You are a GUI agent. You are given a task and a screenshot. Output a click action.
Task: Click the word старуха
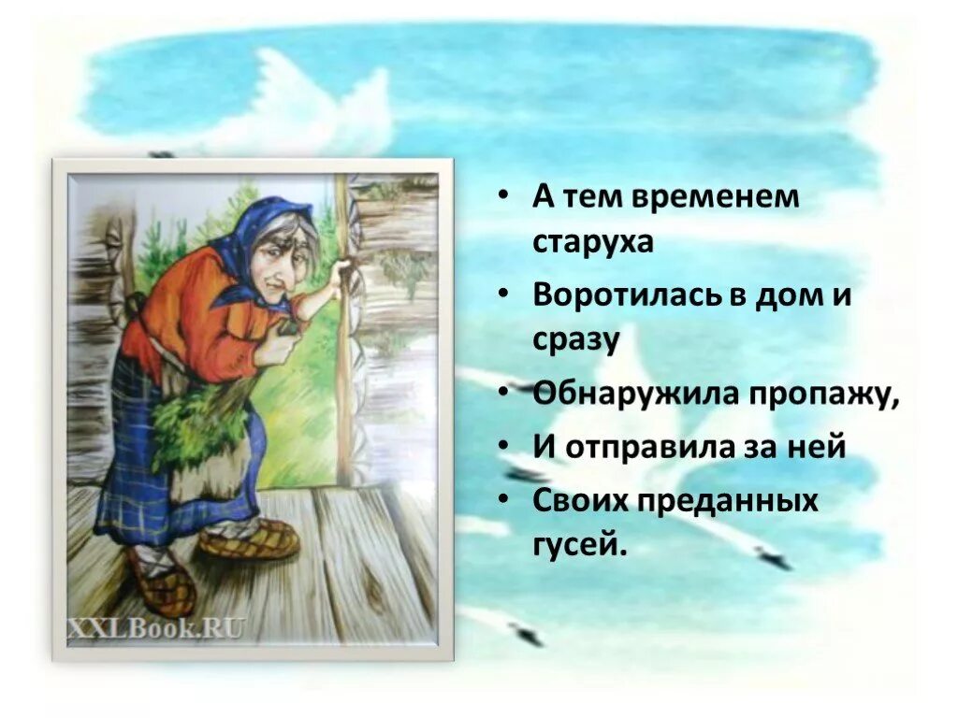pos(593,241)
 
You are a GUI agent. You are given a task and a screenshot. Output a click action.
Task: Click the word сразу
pos(576,339)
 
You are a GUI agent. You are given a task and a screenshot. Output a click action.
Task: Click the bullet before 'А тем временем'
pos(504,197)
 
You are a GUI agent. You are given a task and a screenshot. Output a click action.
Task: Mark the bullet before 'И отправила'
pos(504,447)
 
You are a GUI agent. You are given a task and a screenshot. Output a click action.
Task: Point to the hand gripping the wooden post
pos(344,272)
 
